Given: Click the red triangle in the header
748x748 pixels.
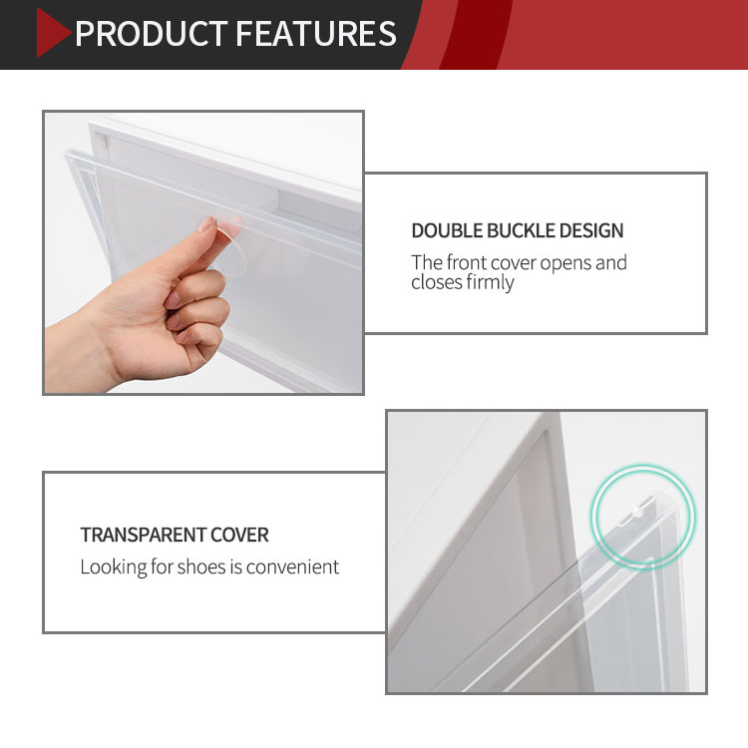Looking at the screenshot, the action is [x=52, y=33].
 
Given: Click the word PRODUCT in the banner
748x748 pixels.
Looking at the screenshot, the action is [x=152, y=33].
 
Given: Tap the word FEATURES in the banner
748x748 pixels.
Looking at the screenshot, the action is [x=316, y=33].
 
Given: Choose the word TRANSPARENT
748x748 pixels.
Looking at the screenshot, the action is [x=143, y=535].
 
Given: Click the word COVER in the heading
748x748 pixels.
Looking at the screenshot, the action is [x=239, y=535].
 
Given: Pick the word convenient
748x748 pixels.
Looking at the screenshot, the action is [x=292, y=567].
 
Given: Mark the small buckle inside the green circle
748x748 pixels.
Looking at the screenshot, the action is [x=638, y=512].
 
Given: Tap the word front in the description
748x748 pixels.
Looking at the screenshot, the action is [x=467, y=263].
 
